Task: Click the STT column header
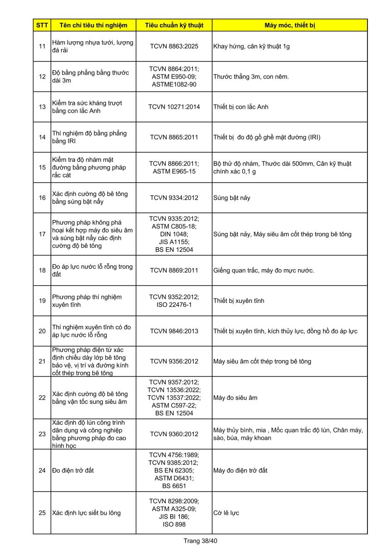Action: coord(42,25)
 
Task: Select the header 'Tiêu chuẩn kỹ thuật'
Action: coord(174,25)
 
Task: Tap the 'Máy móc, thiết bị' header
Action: coord(289,25)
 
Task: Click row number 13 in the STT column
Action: coord(42,107)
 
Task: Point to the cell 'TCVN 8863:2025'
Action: coord(174,46)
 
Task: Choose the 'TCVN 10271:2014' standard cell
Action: coord(174,107)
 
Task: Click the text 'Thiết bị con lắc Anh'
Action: coord(241,107)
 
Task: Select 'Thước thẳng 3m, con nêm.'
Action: coord(251,77)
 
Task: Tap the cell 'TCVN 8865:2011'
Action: coord(174,137)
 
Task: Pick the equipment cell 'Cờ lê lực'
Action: coord(226,513)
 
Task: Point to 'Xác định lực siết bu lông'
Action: coord(86,513)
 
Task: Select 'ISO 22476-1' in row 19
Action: coord(174,305)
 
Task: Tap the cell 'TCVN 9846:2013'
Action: coord(174,331)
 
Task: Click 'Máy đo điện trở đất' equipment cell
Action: coord(240,470)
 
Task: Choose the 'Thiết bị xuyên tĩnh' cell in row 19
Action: coord(239,301)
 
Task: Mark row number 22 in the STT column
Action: coord(42,398)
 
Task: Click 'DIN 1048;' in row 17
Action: coord(174,234)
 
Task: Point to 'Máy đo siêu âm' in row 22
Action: coord(235,398)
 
